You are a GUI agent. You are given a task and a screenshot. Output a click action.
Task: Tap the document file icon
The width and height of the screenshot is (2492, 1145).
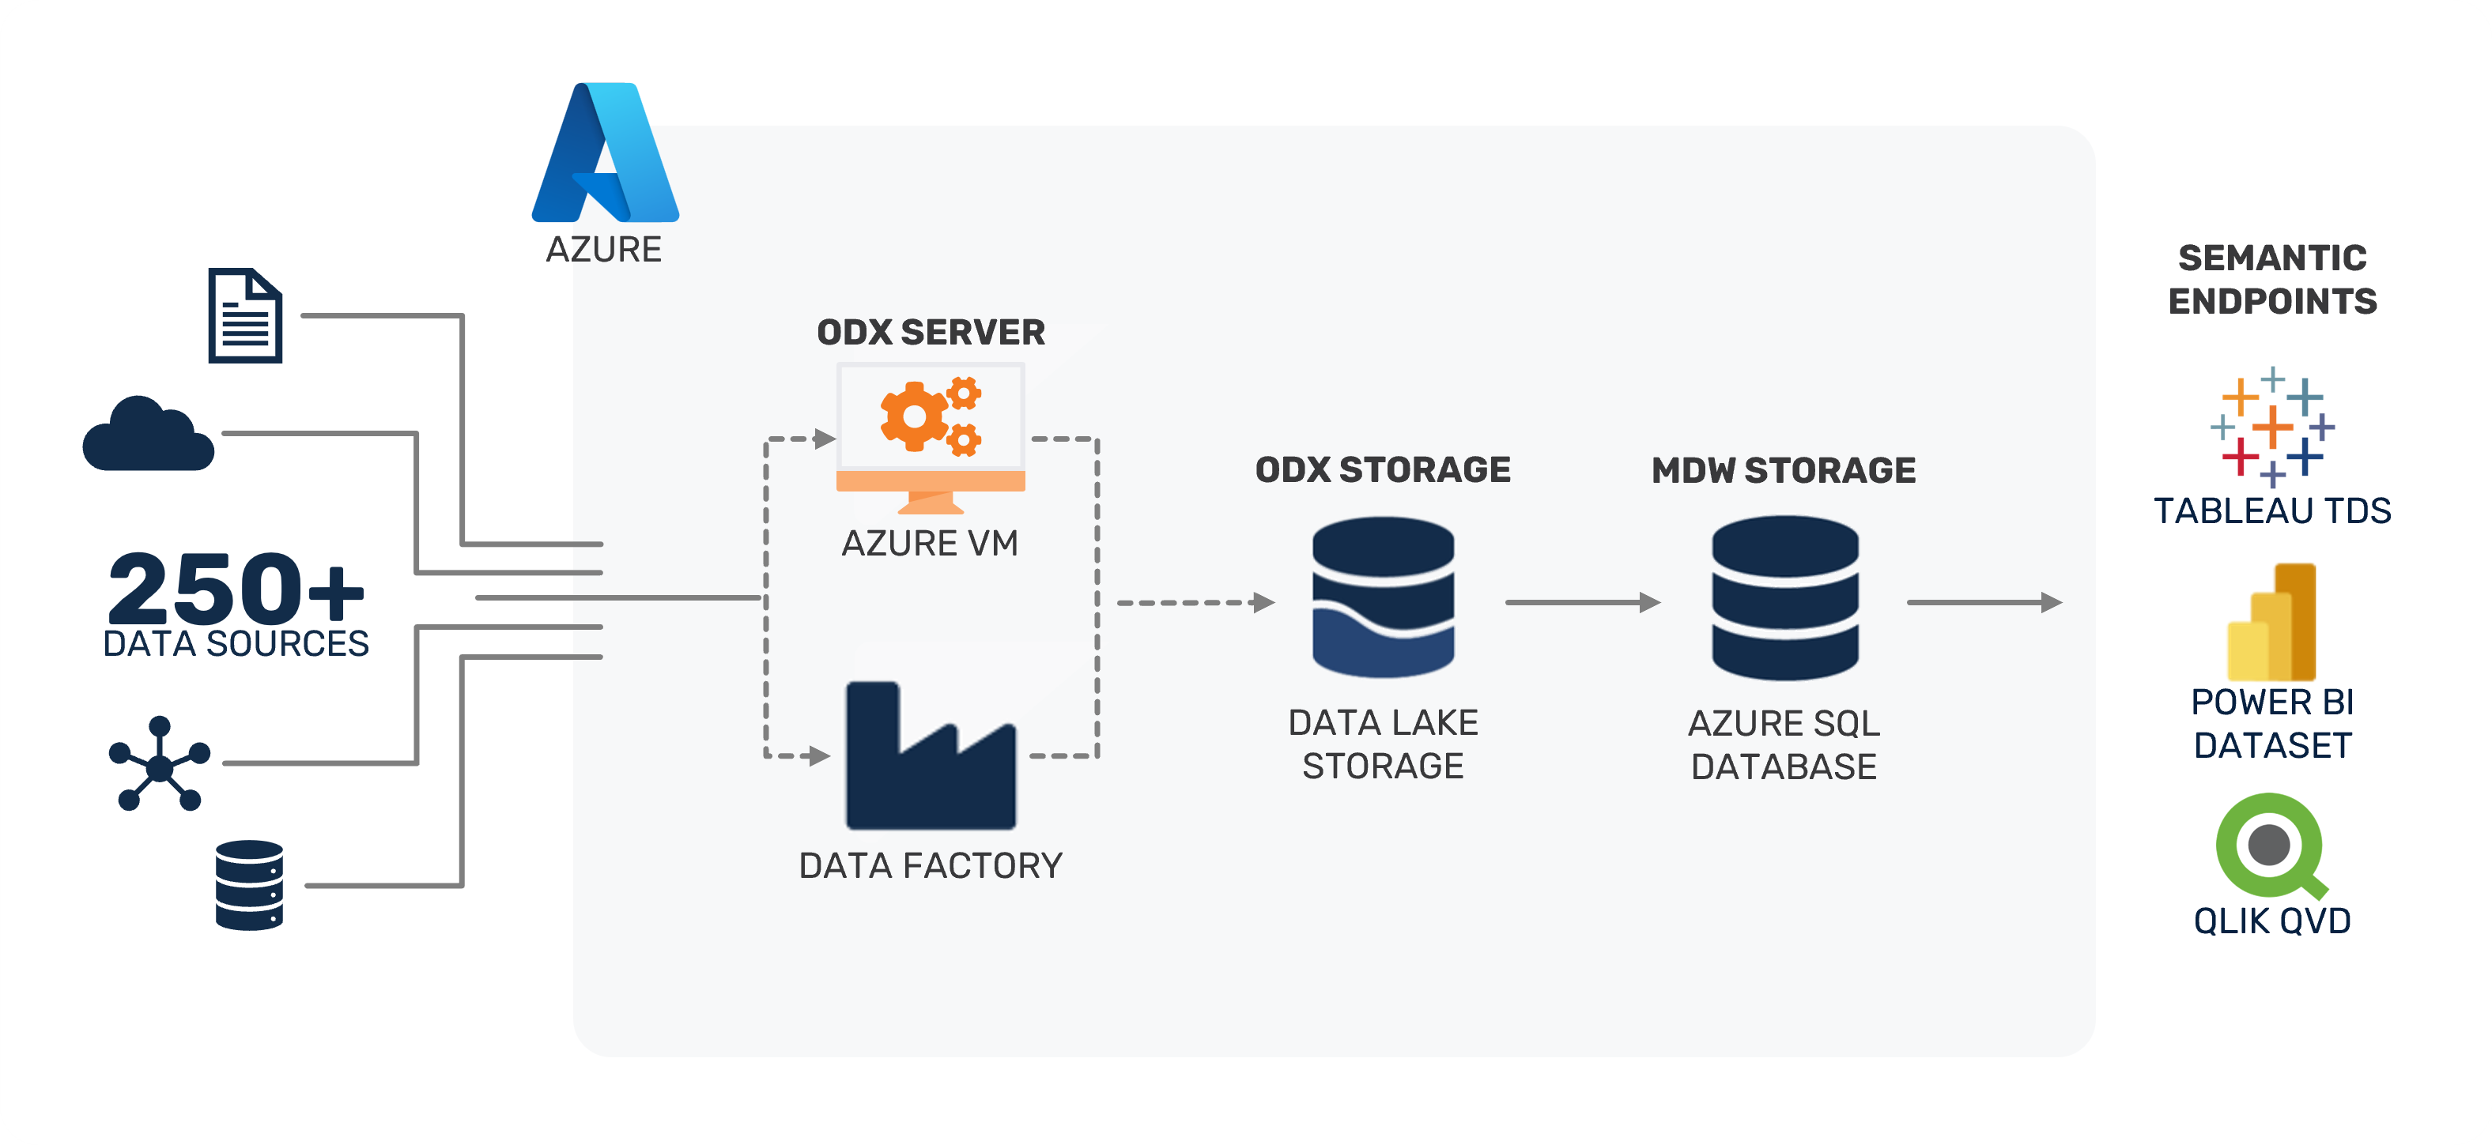pos(246,316)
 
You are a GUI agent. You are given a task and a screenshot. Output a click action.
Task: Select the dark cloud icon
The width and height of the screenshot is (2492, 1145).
pos(148,435)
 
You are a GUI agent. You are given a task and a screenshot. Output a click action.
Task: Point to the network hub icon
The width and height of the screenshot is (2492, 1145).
pos(160,764)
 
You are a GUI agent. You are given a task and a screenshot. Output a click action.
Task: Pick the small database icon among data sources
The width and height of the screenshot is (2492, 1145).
pos(250,885)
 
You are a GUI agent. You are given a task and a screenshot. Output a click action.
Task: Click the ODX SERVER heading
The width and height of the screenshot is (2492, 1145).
pos(931,333)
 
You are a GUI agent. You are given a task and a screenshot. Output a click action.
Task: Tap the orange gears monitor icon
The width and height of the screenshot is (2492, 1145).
pos(931,437)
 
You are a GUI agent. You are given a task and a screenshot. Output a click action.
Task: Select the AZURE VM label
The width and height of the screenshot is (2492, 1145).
pos(931,544)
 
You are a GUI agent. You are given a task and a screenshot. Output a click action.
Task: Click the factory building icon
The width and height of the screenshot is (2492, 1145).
pos(931,757)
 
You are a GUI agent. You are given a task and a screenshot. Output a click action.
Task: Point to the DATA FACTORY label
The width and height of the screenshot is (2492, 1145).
pos(931,865)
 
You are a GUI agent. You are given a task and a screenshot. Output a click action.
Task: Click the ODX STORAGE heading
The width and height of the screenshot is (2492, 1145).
pos(1383,470)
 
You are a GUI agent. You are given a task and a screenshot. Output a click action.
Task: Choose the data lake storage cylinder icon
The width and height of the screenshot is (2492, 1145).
pos(1383,597)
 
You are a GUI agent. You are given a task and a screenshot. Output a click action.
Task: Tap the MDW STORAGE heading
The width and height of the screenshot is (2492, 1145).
pos(1784,471)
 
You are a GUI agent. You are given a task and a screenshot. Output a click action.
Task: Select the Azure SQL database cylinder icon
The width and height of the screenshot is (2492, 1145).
pos(1785,597)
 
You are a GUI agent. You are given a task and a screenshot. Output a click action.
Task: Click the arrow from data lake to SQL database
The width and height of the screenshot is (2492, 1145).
pos(1582,602)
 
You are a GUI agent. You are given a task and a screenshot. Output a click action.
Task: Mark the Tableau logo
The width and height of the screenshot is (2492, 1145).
pos(2272,427)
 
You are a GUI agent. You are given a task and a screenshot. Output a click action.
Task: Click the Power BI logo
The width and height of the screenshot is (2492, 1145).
pos(2272,623)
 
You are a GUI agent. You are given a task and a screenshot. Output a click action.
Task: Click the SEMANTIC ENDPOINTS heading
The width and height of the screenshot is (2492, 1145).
pos(2272,280)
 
